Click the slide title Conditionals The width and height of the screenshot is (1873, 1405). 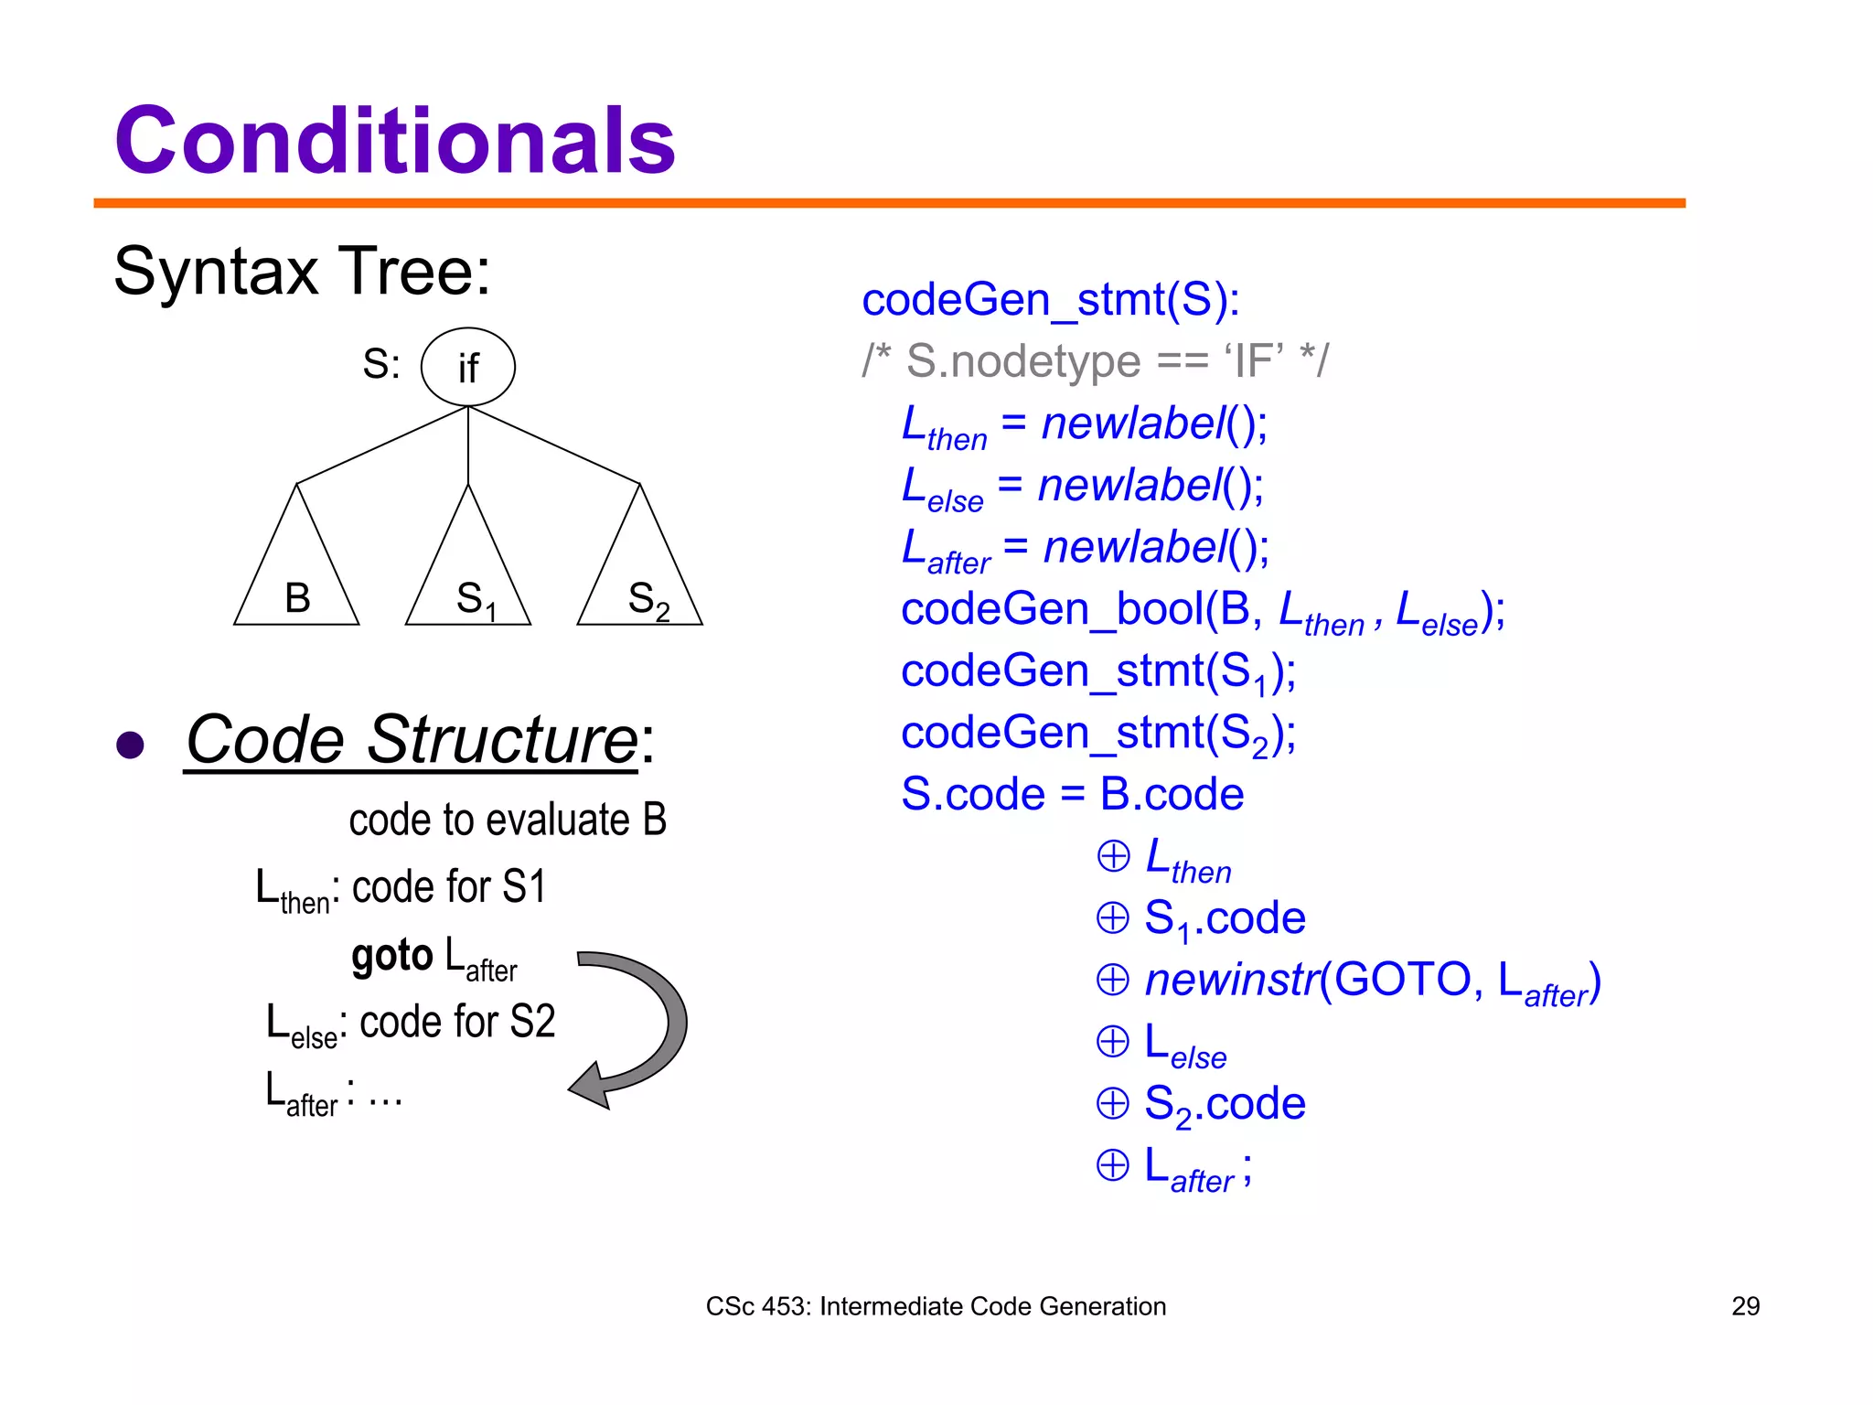click(x=394, y=141)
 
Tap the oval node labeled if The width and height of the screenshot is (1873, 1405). click(x=467, y=367)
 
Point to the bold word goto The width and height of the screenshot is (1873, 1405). click(x=391, y=957)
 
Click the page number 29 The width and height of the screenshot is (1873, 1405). click(x=1745, y=1306)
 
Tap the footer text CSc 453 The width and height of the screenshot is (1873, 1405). click(x=935, y=1306)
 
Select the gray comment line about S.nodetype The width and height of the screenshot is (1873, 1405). click(x=1094, y=361)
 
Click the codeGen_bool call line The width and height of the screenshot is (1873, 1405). click(x=1202, y=611)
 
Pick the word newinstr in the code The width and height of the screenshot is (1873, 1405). click(x=1231, y=980)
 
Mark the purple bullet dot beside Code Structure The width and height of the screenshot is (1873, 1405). click(x=131, y=745)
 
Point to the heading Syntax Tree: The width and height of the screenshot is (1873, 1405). click(x=302, y=272)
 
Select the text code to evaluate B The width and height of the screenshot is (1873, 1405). click(x=508, y=820)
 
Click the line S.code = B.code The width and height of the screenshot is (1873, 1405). click(x=1072, y=794)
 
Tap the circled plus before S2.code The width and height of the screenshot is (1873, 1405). click(x=1112, y=1103)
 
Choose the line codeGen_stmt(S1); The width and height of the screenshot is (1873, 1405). click(x=1097, y=672)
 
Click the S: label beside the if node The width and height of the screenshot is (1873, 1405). click(x=380, y=364)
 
